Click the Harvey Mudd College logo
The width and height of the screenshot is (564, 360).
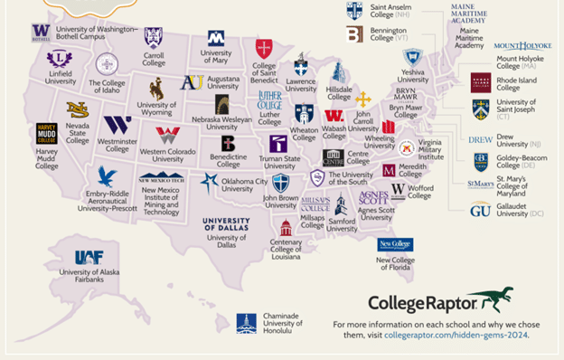click(47, 134)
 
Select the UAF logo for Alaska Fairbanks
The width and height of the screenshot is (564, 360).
click(89, 257)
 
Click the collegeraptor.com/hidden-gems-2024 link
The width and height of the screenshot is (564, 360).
click(456, 335)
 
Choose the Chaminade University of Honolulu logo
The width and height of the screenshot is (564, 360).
click(246, 323)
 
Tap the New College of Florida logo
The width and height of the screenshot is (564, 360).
click(395, 244)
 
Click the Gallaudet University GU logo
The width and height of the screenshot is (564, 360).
click(480, 209)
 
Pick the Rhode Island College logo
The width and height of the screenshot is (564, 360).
click(481, 82)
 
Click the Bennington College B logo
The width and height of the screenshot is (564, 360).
click(354, 34)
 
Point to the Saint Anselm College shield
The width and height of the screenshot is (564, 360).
click(354, 10)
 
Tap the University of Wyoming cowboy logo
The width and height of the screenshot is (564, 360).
click(156, 88)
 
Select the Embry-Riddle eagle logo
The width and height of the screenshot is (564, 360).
click(107, 175)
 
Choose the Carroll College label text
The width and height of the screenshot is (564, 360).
click(154, 60)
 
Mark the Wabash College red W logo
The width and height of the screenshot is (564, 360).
click(334, 116)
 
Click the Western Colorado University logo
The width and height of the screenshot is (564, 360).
click(167, 136)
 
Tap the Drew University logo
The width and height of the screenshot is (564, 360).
click(480, 140)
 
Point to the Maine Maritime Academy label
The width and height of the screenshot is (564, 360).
click(469, 37)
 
